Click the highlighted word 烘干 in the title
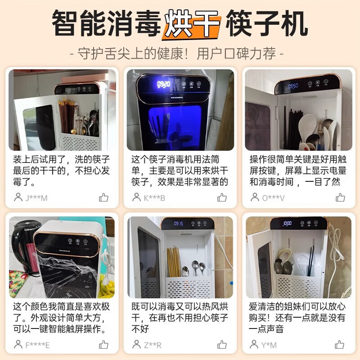tap(193, 23)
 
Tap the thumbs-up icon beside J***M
tap(104, 197)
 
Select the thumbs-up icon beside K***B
tap(222, 197)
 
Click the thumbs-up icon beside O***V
tap(340, 197)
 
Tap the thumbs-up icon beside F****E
tap(104, 345)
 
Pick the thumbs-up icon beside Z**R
tap(222, 345)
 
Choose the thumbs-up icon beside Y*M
tap(340, 345)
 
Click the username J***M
tap(36, 198)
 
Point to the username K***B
tap(154, 198)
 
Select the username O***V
tap(273, 198)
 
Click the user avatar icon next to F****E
tap(18, 345)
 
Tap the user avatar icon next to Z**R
tap(136, 345)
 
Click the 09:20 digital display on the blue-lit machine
tap(163, 84)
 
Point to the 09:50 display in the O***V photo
tap(293, 85)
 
